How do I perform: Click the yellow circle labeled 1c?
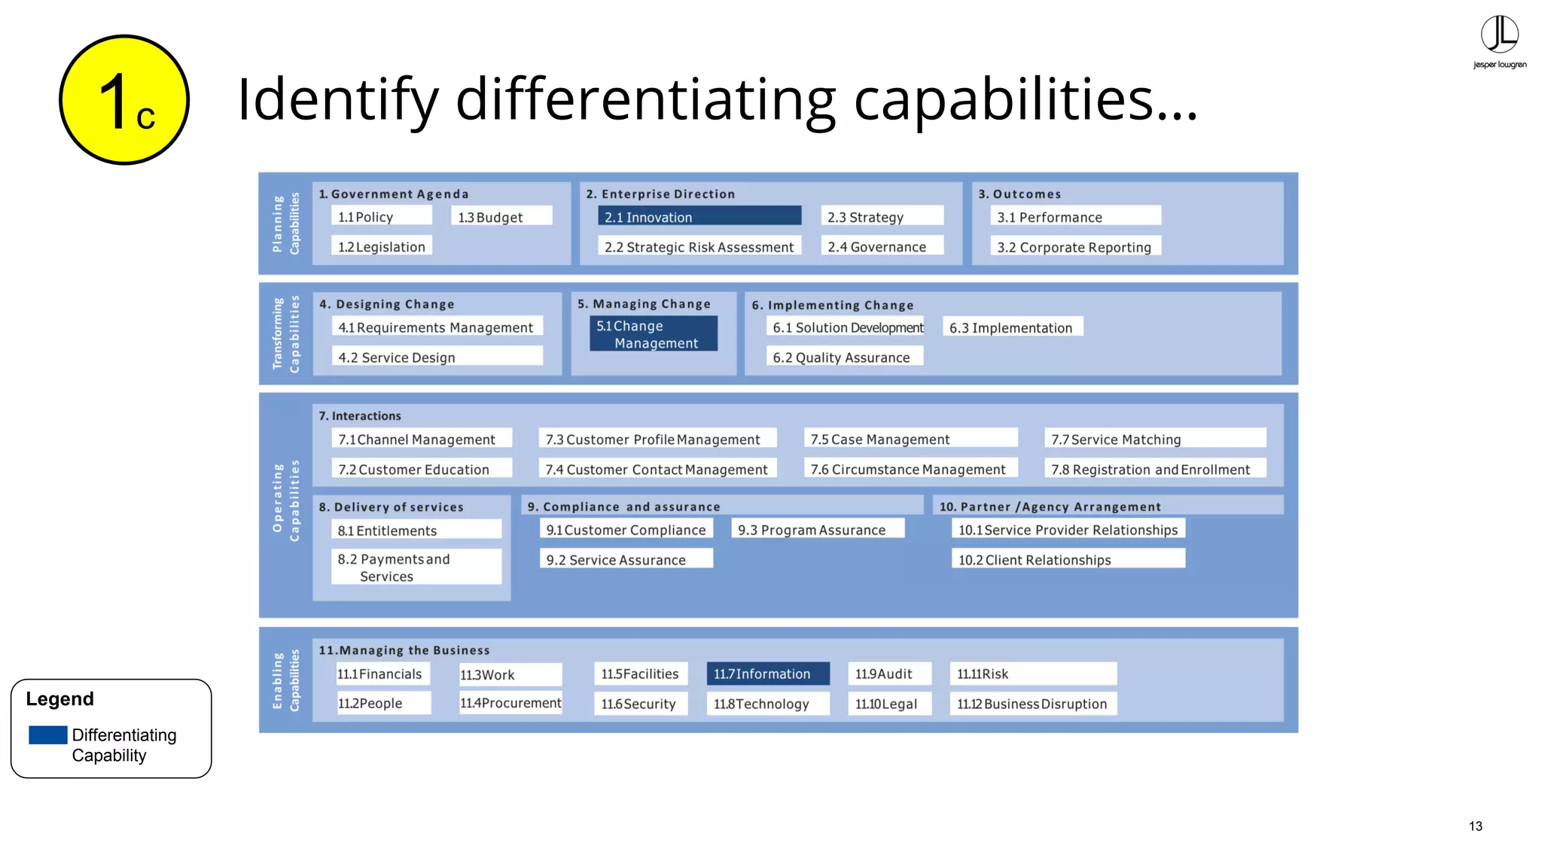(124, 100)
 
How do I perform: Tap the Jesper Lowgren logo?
(1499, 42)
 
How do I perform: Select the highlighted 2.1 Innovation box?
(699, 217)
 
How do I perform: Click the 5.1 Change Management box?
(653, 334)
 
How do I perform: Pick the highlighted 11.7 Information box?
(767, 674)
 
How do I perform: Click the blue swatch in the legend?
(48, 735)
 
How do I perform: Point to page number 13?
(1475, 826)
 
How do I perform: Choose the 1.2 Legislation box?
(382, 246)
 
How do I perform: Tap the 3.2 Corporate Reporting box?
(1074, 247)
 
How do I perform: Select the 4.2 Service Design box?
(437, 357)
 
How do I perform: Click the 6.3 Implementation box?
(1011, 327)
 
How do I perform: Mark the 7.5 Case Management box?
(910, 439)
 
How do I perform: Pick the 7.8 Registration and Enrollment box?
(1154, 469)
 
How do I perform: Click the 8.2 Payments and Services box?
(416, 567)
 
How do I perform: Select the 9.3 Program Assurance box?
(817, 530)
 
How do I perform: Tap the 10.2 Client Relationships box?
(1068, 559)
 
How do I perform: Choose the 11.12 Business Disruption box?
(1032, 704)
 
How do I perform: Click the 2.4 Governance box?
(881, 246)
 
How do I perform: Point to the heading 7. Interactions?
(360, 415)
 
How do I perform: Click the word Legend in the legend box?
(60, 699)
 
